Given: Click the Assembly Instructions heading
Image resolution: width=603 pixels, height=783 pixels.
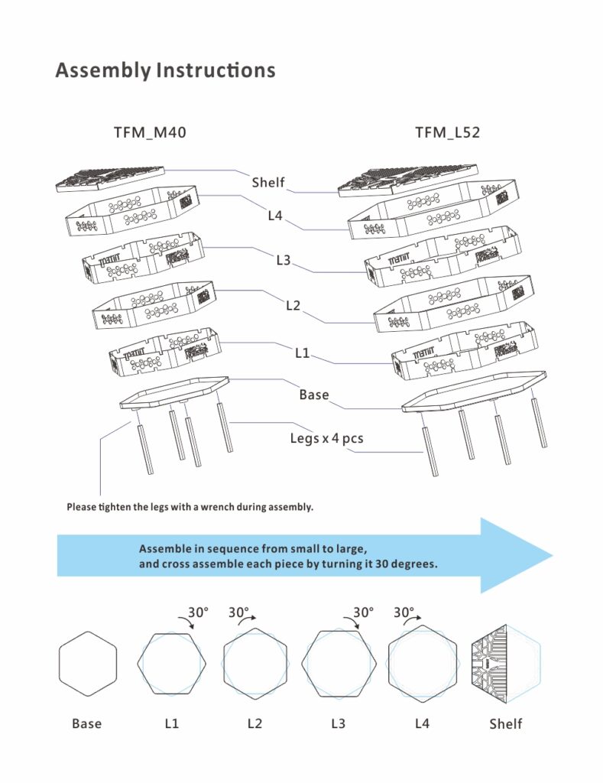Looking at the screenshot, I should (165, 70).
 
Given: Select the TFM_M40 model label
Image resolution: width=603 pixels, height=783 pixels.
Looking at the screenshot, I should (150, 133).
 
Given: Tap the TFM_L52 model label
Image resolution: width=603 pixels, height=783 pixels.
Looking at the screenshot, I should (447, 133).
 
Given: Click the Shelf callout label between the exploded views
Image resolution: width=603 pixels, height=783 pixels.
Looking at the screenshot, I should (268, 183).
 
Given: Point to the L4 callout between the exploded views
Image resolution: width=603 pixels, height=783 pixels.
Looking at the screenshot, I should (275, 216).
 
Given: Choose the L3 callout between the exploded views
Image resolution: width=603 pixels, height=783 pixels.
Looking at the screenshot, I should (284, 261).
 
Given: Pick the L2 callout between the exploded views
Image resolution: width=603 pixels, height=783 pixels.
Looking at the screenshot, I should (293, 306).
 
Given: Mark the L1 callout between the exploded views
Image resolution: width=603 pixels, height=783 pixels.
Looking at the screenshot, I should (303, 353).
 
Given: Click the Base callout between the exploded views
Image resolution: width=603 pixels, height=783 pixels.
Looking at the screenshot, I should (314, 395).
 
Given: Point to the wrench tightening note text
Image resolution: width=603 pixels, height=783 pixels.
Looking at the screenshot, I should (190, 507).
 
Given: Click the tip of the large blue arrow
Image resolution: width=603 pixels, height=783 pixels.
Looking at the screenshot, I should (550, 555).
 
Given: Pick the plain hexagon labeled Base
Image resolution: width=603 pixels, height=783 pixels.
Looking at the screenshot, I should (87, 663).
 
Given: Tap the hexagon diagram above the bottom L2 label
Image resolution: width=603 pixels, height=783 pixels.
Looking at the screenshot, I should (255, 663).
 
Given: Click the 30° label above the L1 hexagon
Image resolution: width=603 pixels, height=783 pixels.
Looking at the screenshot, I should (199, 612).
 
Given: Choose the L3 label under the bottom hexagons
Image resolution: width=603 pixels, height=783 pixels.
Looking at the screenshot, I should (339, 723).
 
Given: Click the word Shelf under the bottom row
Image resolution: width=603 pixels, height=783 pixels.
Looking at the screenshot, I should (506, 723).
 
